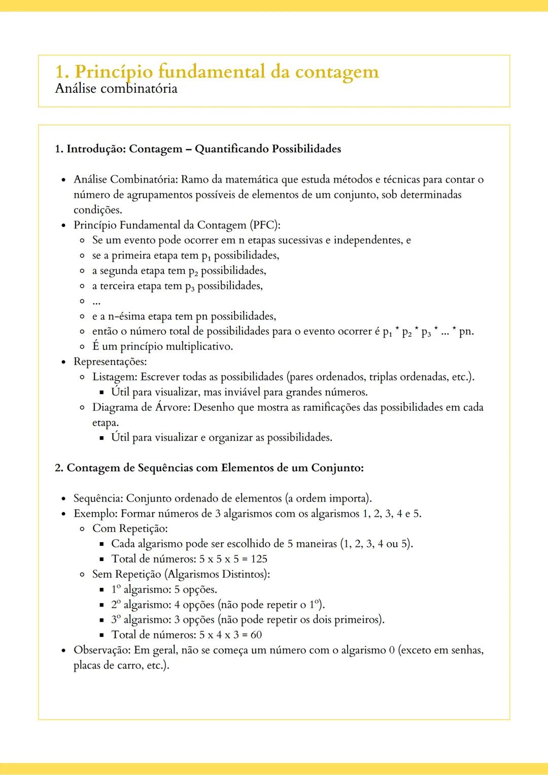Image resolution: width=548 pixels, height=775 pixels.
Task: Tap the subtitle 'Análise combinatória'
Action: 116,89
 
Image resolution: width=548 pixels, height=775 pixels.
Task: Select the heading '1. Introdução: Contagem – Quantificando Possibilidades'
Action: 198,149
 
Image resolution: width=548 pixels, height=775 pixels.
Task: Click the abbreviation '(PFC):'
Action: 264,225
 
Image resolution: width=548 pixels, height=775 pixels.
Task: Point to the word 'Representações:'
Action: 110,362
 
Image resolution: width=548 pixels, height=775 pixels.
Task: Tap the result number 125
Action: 259,559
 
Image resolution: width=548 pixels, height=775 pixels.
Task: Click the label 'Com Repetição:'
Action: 130,529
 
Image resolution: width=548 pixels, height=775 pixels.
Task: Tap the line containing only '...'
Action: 96,301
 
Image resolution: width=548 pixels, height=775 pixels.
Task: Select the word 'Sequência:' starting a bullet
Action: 98,498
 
